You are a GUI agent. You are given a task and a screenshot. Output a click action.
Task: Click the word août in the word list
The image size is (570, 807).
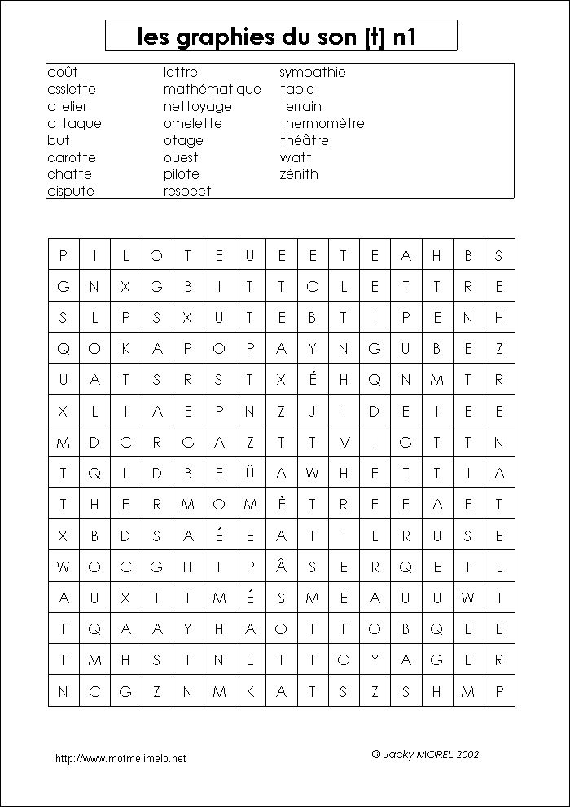point(62,72)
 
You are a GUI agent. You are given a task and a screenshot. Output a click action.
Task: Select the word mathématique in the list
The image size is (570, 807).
point(212,89)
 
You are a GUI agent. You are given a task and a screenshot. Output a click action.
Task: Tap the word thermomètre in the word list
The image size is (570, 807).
point(322,123)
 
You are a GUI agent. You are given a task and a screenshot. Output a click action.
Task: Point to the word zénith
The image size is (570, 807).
point(299,174)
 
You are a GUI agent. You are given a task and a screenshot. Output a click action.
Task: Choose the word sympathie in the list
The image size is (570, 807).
point(313,72)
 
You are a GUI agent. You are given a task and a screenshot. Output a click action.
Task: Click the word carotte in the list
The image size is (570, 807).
point(71,157)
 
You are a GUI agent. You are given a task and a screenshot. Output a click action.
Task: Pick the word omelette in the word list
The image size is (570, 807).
point(192,123)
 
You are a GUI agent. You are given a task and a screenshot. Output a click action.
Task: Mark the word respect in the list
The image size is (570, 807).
point(186,191)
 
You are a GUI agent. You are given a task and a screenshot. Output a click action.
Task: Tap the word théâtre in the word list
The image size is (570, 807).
point(304,140)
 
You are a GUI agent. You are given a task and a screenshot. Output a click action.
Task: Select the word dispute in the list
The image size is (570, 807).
point(70,191)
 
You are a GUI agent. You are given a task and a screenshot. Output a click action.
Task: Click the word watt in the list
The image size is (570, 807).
point(296,157)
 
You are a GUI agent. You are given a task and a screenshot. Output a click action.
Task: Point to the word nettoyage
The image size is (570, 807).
point(197,106)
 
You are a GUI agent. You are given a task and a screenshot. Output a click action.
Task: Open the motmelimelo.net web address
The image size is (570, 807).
point(121,758)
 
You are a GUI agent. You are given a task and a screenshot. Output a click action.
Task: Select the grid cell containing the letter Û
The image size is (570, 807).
point(250,473)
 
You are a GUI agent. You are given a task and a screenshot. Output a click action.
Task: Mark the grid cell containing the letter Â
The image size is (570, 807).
point(281,566)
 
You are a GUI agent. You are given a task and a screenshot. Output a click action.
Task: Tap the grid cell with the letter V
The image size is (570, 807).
point(344,442)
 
